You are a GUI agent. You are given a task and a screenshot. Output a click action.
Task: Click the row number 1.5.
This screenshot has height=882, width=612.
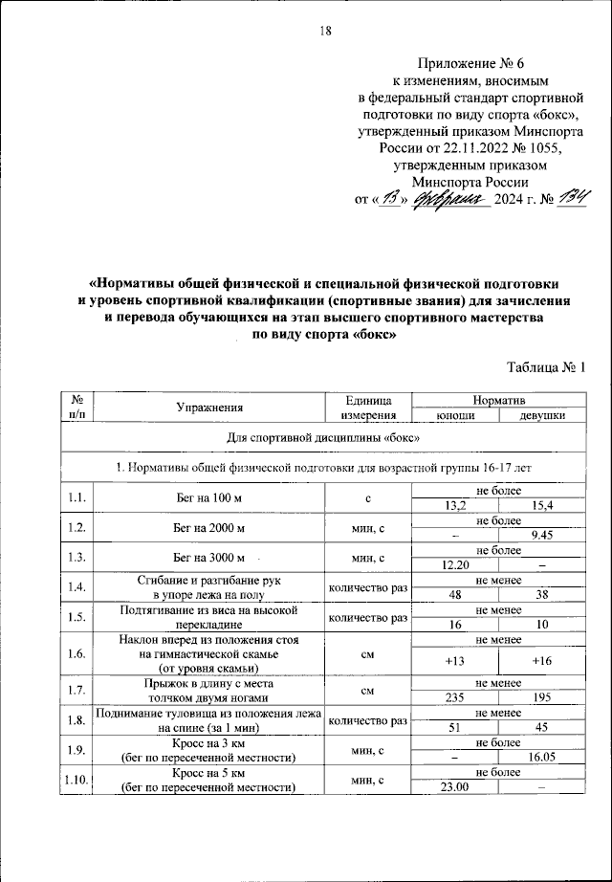77,618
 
